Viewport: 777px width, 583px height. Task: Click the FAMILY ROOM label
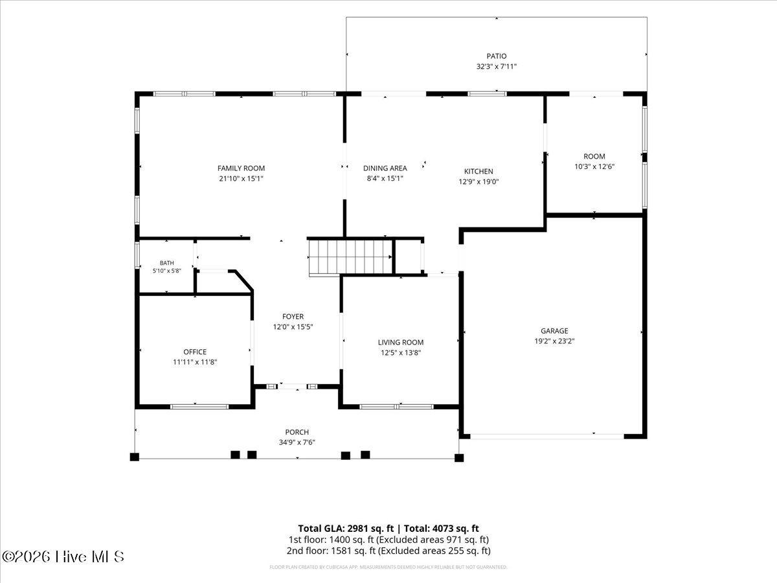pyautogui.click(x=241, y=168)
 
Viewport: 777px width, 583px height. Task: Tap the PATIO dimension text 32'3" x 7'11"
pyautogui.click(x=496, y=66)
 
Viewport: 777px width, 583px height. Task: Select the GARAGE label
pyautogui.click(x=554, y=330)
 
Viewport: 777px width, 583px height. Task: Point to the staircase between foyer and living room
pyautogui.click(x=350, y=257)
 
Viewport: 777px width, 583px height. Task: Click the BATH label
pyautogui.click(x=166, y=263)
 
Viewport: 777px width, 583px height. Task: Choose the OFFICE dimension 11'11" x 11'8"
pyautogui.click(x=195, y=361)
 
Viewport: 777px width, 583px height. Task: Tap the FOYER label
pyautogui.click(x=293, y=317)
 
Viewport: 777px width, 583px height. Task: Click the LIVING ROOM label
pyautogui.click(x=401, y=342)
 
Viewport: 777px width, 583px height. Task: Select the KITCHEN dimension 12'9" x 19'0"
pyautogui.click(x=479, y=181)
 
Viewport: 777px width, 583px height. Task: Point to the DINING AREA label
pyautogui.click(x=385, y=168)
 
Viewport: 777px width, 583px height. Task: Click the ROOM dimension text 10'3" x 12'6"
pyautogui.click(x=594, y=166)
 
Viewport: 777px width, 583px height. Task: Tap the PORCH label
pyautogui.click(x=297, y=432)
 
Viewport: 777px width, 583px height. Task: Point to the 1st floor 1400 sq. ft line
pyautogui.click(x=388, y=540)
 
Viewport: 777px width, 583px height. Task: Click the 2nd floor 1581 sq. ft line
pyautogui.click(x=388, y=551)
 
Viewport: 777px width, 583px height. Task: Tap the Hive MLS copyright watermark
pyautogui.click(x=63, y=557)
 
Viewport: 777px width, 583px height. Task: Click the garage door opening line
pyautogui.click(x=547, y=437)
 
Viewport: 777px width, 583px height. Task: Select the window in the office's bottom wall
pyautogui.click(x=199, y=407)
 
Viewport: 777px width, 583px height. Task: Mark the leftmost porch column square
pyautogui.click(x=135, y=457)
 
